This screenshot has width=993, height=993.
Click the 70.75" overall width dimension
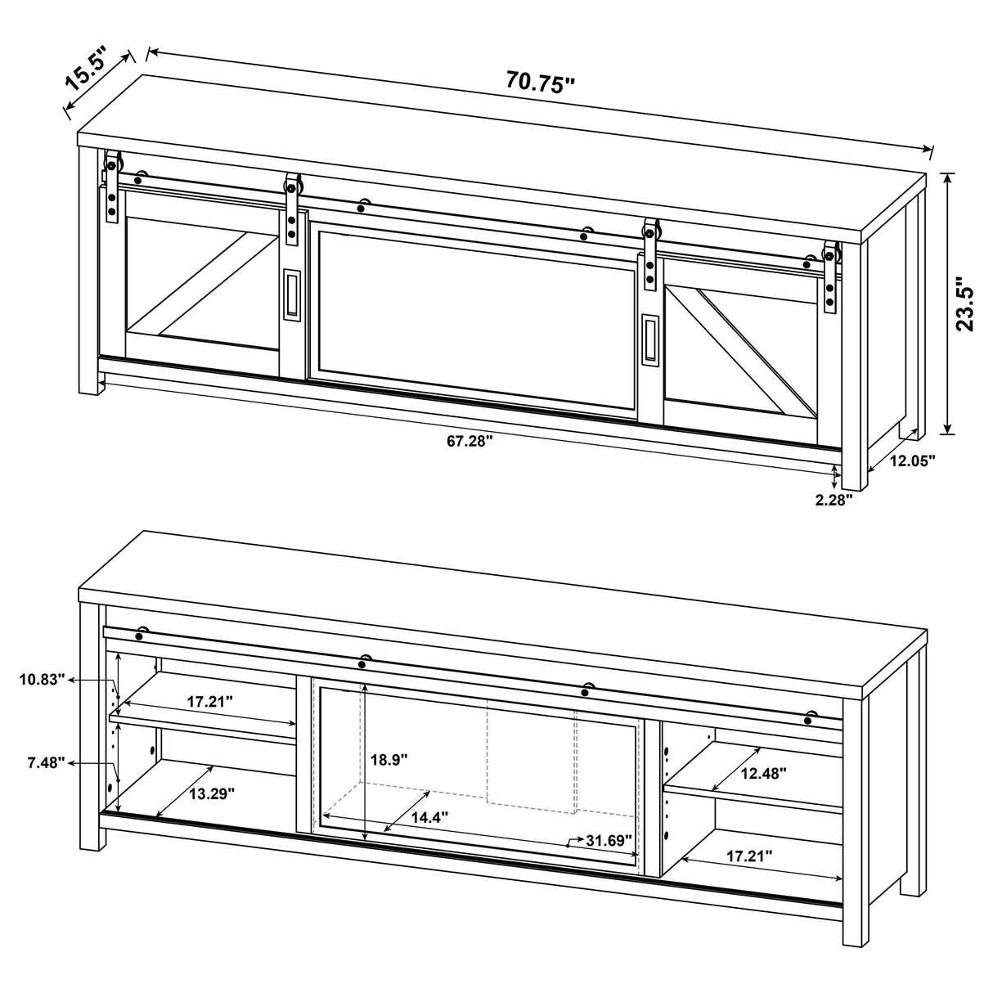(x=541, y=82)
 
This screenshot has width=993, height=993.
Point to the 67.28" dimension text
(x=470, y=442)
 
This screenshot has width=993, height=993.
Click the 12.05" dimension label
(x=912, y=460)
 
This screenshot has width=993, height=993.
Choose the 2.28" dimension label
(x=833, y=499)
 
